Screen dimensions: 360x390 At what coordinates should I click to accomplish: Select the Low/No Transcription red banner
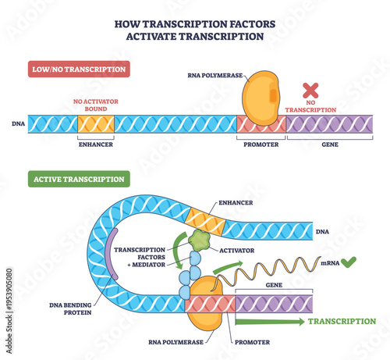pyautogui.click(x=77, y=69)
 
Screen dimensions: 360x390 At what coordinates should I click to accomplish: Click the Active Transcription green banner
pyautogui.click(x=78, y=179)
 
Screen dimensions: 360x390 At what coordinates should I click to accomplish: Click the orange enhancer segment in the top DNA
pyautogui.click(x=96, y=123)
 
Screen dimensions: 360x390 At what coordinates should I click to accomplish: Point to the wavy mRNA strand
pyautogui.click(x=266, y=269)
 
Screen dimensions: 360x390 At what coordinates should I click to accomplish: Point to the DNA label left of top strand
pyautogui.click(x=19, y=123)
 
